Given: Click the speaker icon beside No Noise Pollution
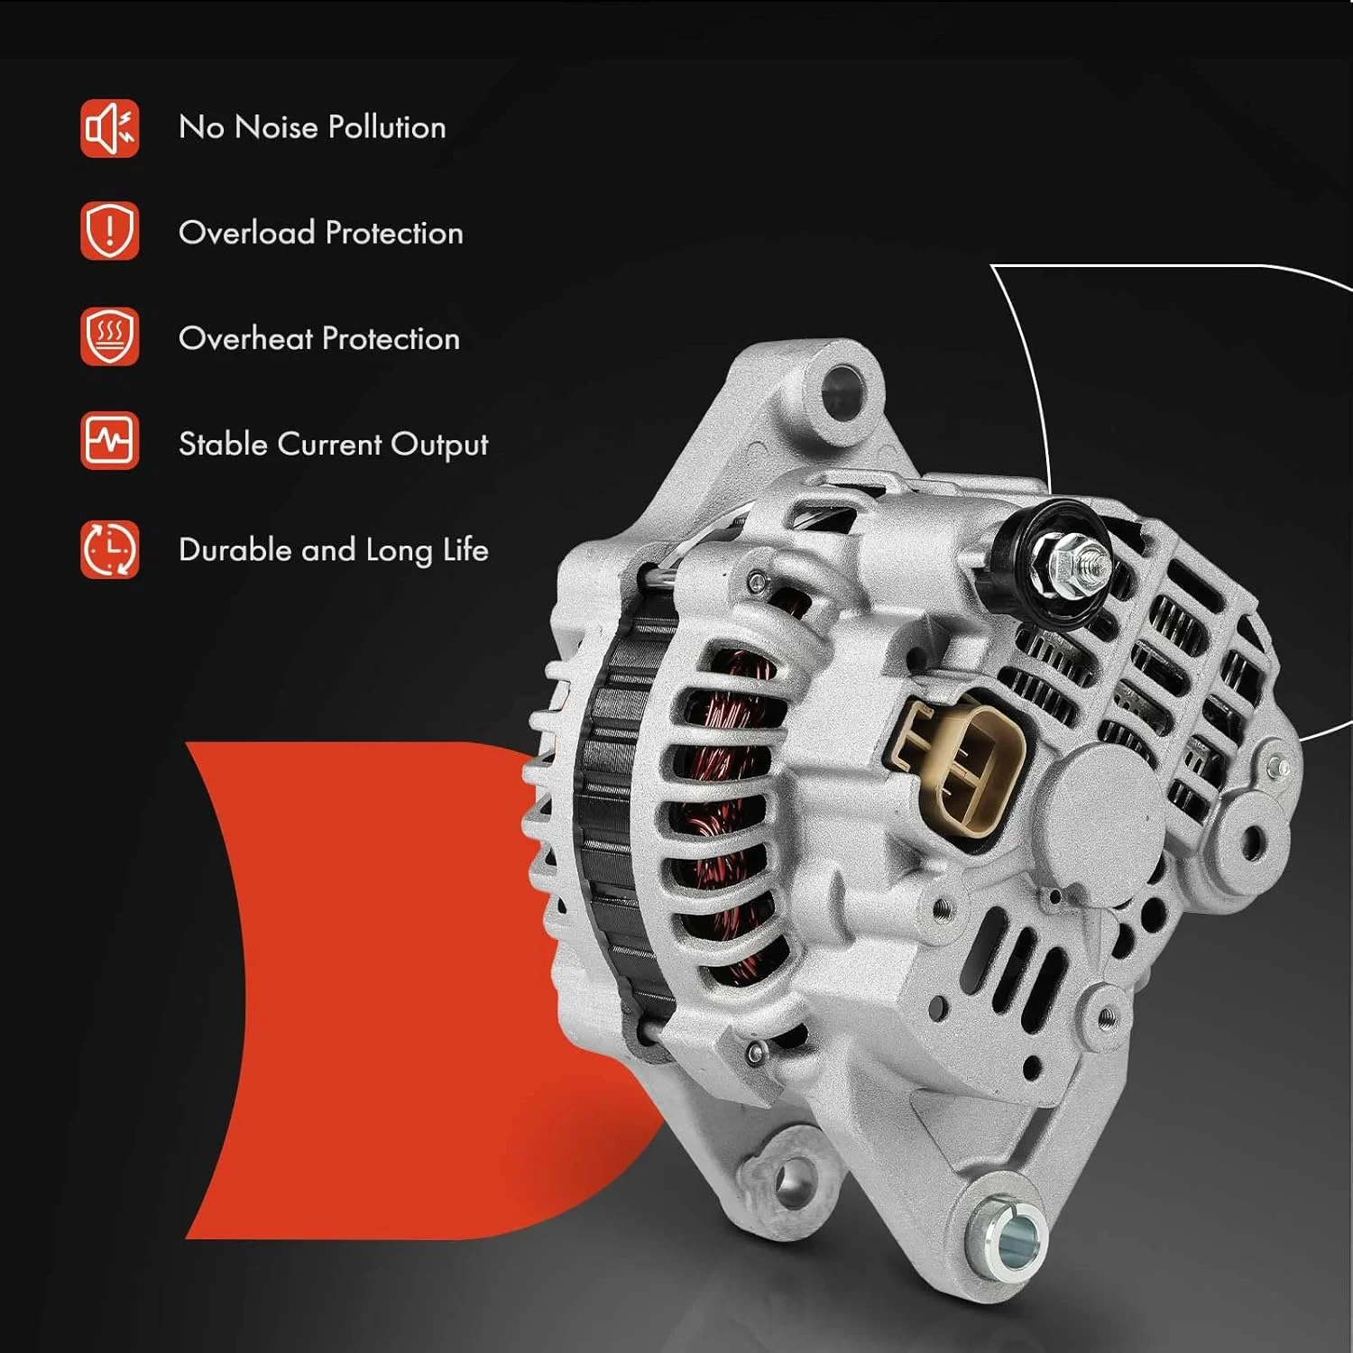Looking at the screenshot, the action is [109, 128].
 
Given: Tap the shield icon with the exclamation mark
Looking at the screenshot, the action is [109, 231].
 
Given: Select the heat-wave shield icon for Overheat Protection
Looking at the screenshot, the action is [109, 336].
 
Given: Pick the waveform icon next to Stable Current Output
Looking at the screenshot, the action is [109, 441].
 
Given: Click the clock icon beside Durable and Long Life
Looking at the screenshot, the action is [109, 548].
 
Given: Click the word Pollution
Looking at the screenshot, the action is [387, 127].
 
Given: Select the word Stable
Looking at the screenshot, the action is [224, 444].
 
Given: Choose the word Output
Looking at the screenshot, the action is [439, 446].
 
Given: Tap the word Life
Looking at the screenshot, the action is [465, 549].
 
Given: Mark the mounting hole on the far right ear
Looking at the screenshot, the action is [1252, 842].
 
